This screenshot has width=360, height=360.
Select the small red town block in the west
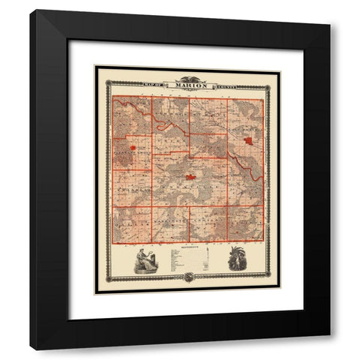133,148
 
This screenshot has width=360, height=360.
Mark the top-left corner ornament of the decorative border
109,84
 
